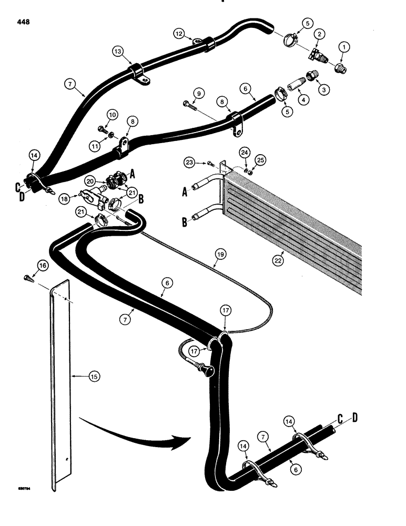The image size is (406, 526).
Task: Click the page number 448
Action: [x=23, y=22]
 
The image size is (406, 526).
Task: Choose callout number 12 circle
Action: [x=179, y=34]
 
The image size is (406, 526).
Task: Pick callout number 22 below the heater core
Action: [x=278, y=259]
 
